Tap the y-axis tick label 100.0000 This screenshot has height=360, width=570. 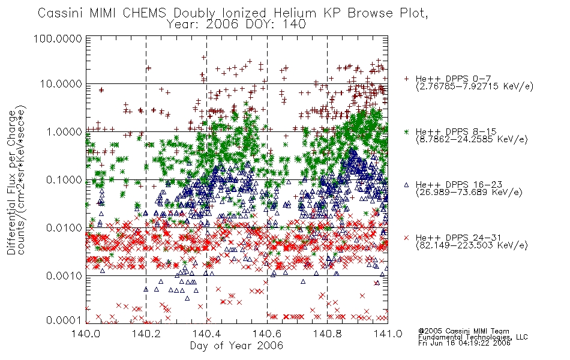58,38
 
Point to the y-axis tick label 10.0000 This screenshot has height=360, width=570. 61,84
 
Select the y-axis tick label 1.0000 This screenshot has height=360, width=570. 64,131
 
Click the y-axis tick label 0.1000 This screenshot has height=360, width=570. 64,179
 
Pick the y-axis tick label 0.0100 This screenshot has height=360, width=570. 64,228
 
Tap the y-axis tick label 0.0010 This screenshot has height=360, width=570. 64,276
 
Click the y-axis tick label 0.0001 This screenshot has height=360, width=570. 64,320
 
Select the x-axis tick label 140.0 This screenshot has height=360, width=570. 86,334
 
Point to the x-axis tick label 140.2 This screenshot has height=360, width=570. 146,334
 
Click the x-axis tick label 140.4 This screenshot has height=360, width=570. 207,334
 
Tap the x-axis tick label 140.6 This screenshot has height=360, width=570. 267,334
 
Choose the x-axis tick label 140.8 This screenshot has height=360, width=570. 328,334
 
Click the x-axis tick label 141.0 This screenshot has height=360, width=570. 388,334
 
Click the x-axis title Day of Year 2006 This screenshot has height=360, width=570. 236,346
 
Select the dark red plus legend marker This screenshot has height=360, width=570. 406,79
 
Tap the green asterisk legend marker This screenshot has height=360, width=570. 406,131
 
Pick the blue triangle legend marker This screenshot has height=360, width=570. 406,185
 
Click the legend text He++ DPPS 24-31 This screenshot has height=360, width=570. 458,238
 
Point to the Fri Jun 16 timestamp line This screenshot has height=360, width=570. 464,343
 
